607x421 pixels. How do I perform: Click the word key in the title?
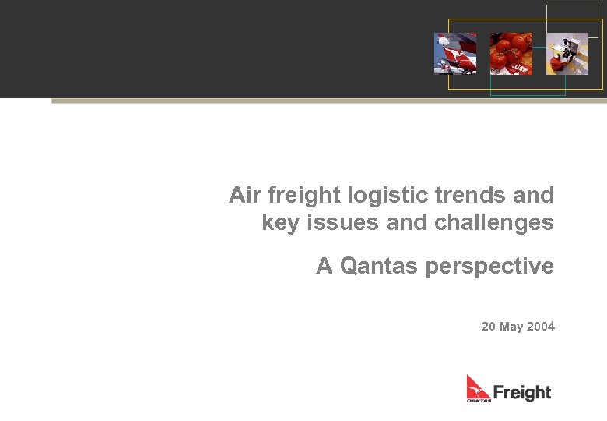[x=279, y=223]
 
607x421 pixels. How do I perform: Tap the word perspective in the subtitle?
[x=489, y=267]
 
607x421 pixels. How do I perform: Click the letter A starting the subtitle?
[x=324, y=267]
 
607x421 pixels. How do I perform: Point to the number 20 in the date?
[x=489, y=327]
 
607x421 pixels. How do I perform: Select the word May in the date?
[x=511, y=327]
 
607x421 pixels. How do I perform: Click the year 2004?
[x=541, y=327]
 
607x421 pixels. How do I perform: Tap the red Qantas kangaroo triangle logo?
[x=477, y=386]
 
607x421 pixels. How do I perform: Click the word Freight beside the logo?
[x=522, y=392]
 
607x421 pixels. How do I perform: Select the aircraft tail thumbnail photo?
[x=455, y=54]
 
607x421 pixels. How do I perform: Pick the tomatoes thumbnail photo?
[x=511, y=54]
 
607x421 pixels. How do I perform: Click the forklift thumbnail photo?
[x=567, y=54]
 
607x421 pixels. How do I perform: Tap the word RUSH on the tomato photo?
[x=520, y=69]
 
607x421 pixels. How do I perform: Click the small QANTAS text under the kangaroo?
[x=479, y=400]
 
